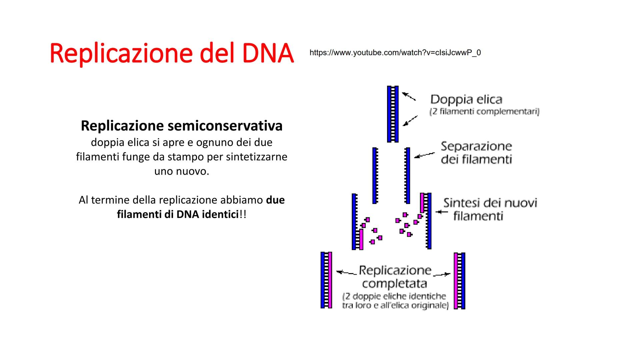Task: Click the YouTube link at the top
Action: tap(395, 53)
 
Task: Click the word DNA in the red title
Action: tap(268, 53)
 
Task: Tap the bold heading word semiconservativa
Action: tap(225, 126)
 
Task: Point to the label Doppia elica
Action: tap(466, 99)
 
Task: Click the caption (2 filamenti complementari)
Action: tap(484, 111)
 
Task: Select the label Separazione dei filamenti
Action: tap(476, 153)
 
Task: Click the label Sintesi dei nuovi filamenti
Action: tap(490, 209)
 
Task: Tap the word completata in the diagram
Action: tap(394, 284)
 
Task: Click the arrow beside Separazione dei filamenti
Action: tap(424, 155)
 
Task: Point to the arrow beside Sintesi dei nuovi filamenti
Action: tap(441, 212)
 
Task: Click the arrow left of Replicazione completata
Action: tap(346, 273)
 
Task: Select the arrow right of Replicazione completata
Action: tap(442, 274)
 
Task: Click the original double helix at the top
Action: tap(393, 114)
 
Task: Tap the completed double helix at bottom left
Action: tap(326, 280)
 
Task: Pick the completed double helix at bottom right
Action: tap(459, 281)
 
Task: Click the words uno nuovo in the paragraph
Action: tap(182, 171)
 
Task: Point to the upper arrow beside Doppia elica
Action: tap(409, 96)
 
